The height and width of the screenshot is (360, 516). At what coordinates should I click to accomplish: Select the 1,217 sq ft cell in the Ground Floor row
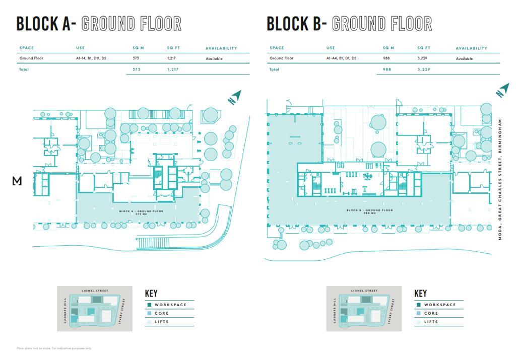(x=171, y=58)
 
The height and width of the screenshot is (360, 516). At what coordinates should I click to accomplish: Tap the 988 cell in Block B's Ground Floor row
(x=386, y=58)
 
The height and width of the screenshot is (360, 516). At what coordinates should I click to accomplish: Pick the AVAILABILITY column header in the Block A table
(x=221, y=48)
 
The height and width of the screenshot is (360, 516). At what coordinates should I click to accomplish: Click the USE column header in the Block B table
(x=331, y=48)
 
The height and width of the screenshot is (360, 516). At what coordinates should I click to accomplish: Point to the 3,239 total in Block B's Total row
(x=423, y=69)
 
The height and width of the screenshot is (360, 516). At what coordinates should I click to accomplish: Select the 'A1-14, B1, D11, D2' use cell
(x=91, y=58)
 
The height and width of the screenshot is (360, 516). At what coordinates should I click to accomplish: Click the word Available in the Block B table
(x=464, y=58)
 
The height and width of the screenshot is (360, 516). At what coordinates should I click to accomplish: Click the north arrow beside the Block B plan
(x=502, y=91)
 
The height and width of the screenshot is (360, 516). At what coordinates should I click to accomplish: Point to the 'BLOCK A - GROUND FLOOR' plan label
(x=141, y=211)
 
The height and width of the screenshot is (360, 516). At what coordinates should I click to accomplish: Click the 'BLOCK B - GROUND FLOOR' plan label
(x=369, y=210)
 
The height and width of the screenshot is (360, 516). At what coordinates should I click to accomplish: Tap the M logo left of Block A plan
(x=17, y=181)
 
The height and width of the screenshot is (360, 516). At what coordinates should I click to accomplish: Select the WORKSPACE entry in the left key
(x=170, y=305)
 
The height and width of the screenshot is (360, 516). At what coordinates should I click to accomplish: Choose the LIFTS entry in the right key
(x=431, y=322)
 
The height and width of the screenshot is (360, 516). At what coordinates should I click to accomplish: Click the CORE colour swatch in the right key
(x=418, y=313)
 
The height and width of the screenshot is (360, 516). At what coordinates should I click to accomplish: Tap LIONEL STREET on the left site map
(x=95, y=291)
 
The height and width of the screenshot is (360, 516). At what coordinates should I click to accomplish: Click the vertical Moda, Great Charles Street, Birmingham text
(x=500, y=179)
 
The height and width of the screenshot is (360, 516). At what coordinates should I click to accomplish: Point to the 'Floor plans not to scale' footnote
(x=54, y=348)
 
